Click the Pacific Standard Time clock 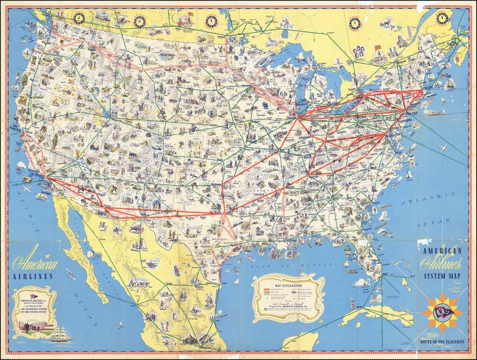coord(79,18)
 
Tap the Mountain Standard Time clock coord(140,22)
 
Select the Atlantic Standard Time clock coord(442,18)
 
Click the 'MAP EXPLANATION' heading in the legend coord(289,285)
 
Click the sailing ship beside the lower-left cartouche coord(61,334)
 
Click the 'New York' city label coord(412,114)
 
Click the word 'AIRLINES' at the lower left coord(33,277)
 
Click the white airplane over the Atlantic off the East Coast coord(443,148)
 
